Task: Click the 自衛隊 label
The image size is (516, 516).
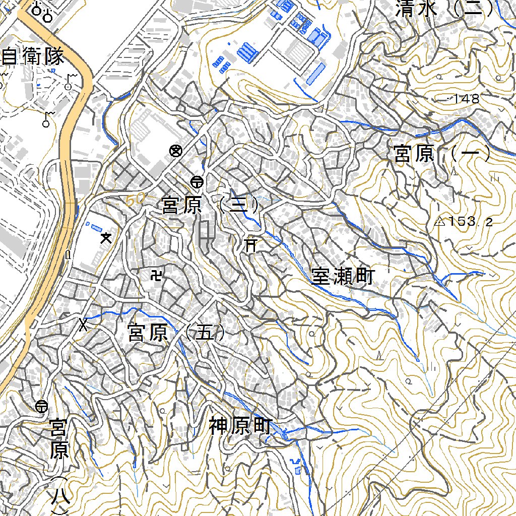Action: click(33, 56)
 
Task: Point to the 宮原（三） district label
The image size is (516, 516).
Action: click(211, 205)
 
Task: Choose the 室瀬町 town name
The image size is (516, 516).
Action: click(342, 277)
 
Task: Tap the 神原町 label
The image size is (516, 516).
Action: click(240, 426)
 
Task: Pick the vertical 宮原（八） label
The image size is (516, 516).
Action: click(59, 464)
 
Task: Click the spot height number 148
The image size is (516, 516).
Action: click(466, 99)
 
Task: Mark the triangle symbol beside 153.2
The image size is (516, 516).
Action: click(439, 221)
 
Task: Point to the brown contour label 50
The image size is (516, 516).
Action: click(136, 200)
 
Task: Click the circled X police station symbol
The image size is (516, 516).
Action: click(175, 150)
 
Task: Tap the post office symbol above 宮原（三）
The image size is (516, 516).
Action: click(197, 181)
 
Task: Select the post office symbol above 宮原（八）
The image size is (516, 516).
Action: click(42, 406)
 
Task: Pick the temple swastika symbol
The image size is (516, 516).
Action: click(157, 275)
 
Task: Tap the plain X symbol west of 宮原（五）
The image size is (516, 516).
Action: click(83, 325)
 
